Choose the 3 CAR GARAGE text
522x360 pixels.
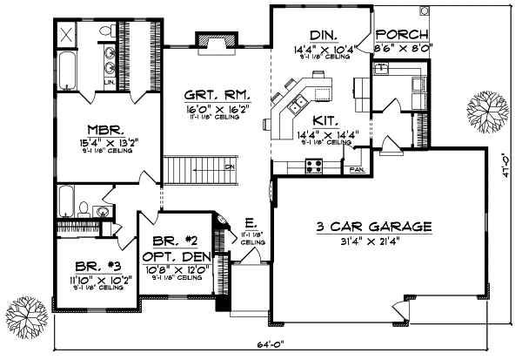[374, 227]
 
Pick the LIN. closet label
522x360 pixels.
[110, 82]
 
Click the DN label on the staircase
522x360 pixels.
[230, 166]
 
